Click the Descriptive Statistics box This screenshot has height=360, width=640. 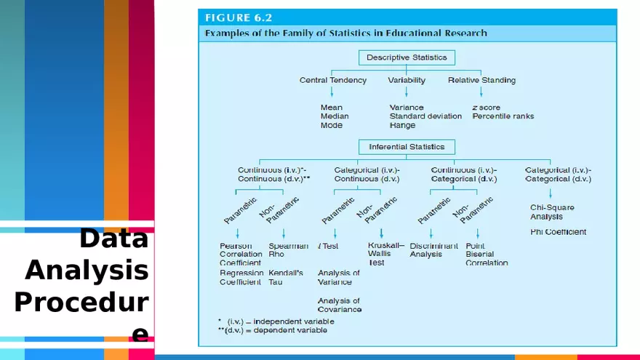(x=407, y=57)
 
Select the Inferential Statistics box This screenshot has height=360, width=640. (x=407, y=147)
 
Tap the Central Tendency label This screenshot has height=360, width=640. (x=332, y=80)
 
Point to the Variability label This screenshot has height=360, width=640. (x=407, y=80)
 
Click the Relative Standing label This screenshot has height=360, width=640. (x=481, y=80)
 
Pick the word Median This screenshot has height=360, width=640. (x=335, y=116)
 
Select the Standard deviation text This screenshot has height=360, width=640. (x=425, y=116)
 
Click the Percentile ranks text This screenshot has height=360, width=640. (x=503, y=116)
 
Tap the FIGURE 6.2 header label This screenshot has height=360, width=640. (x=239, y=17)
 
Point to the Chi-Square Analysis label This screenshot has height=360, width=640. (x=552, y=212)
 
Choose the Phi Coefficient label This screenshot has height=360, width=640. (x=558, y=232)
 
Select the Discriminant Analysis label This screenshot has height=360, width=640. (x=433, y=250)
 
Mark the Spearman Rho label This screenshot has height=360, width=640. (x=288, y=250)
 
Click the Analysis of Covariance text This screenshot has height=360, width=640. (x=339, y=305)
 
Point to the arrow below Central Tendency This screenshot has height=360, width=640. (x=332, y=92)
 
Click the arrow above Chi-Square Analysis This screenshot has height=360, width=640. (x=551, y=193)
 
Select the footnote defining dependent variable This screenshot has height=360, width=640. (x=273, y=330)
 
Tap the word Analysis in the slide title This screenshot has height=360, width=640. (x=87, y=270)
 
